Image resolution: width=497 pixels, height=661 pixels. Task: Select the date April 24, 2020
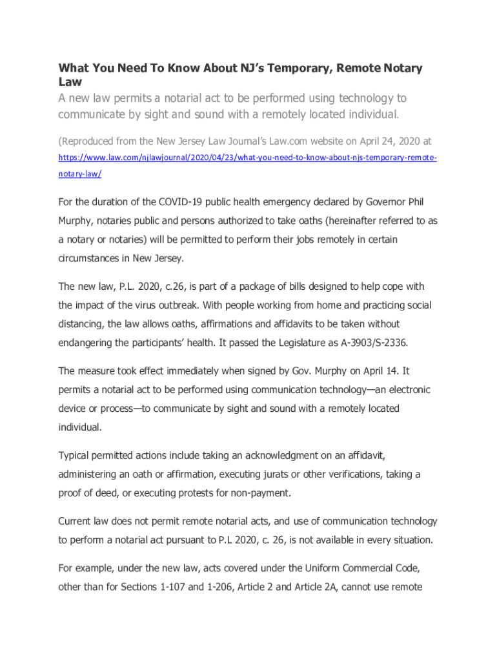[387, 140]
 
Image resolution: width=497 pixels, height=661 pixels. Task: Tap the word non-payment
[258, 493]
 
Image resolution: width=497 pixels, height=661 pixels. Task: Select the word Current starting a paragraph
[77, 522]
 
